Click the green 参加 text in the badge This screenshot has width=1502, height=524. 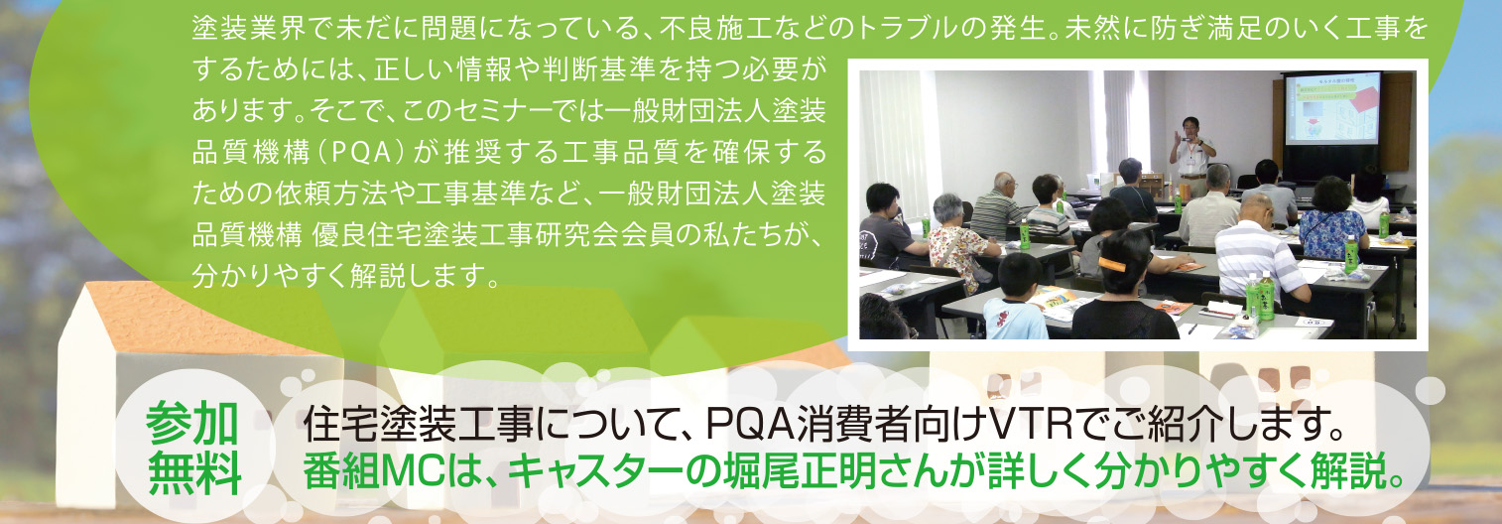(x=192, y=424)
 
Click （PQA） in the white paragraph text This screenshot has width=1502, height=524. (x=359, y=152)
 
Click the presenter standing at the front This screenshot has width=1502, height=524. (x=1191, y=157)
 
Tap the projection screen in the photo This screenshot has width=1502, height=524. (x=1331, y=108)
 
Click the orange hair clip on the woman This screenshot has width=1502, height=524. (x=1112, y=264)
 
